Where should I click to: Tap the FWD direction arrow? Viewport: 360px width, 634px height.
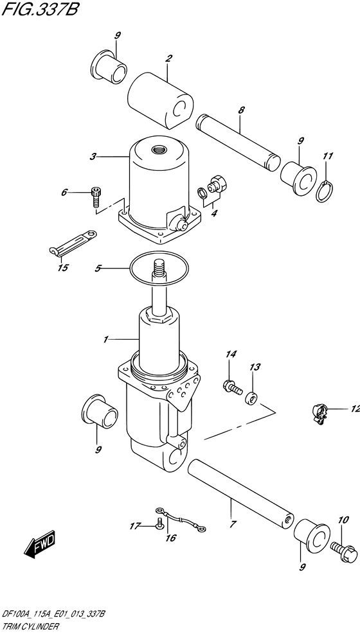(x=40, y=543)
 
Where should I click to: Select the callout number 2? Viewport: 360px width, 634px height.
(x=168, y=59)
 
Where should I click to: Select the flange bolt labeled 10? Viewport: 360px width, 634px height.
(x=341, y=547)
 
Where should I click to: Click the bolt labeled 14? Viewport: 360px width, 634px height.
(x=230, y=386)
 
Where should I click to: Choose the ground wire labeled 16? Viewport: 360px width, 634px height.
(x=183, y=519)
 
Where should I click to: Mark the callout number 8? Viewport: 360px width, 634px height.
(x=241, y=110)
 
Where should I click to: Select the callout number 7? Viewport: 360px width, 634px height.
(x=231, y=506)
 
